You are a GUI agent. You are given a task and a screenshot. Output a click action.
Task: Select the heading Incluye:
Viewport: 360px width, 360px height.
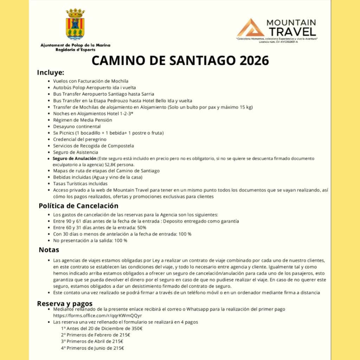point(51,73)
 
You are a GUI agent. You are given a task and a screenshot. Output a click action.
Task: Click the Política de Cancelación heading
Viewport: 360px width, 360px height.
point(78,206)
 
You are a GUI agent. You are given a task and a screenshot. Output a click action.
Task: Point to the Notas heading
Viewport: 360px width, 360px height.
point(49,250)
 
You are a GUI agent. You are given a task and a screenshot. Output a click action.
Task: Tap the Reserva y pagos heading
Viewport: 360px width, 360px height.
point(65,303)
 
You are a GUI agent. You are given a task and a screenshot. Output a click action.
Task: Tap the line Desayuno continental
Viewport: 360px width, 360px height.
point(77,126)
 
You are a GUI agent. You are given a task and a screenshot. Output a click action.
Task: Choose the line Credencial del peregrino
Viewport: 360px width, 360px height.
point(79,139)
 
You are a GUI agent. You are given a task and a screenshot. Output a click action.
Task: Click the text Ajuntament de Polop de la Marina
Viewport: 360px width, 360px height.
point(75,45)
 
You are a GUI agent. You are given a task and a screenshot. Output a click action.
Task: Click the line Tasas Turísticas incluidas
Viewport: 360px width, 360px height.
point(80,184)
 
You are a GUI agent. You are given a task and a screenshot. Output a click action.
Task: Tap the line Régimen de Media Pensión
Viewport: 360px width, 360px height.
point(83,120)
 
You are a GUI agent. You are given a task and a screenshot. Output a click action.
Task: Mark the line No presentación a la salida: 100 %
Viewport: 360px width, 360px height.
point(90,240)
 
